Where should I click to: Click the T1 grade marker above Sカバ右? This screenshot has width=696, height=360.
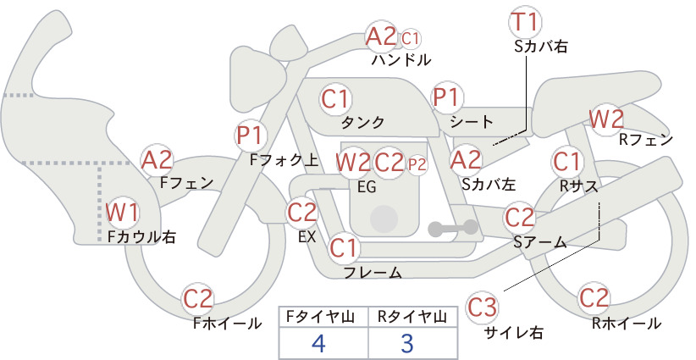pos(526,23)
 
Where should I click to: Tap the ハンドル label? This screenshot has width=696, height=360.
pos(401,59)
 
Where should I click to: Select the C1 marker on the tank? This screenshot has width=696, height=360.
pos(335,99)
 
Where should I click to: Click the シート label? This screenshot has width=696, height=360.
pos(472,121)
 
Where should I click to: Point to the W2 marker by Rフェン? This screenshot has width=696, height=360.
pos(606,119)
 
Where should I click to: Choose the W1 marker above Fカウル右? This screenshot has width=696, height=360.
pos(123,213)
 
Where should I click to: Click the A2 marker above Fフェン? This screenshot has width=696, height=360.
pos(157,160)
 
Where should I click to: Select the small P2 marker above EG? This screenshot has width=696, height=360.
pos(417,164)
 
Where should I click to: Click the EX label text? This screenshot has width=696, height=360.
pos(307,236)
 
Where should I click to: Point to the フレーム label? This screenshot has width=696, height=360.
pos(373,273)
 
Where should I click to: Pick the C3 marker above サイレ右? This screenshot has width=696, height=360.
pos(482,307)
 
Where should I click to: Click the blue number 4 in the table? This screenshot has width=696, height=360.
pos(319,343)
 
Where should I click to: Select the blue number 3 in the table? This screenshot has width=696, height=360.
pos(406,343)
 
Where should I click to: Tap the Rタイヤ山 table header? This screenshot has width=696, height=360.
pos(412,317)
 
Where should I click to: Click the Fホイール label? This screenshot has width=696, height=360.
pos(227,324)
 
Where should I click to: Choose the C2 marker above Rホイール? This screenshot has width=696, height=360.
pos(594,298)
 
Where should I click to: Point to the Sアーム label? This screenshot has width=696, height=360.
pos(540,242)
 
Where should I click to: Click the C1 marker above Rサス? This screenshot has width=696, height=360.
pos(566,162)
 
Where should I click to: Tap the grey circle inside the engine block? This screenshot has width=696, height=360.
pos(384,219)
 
